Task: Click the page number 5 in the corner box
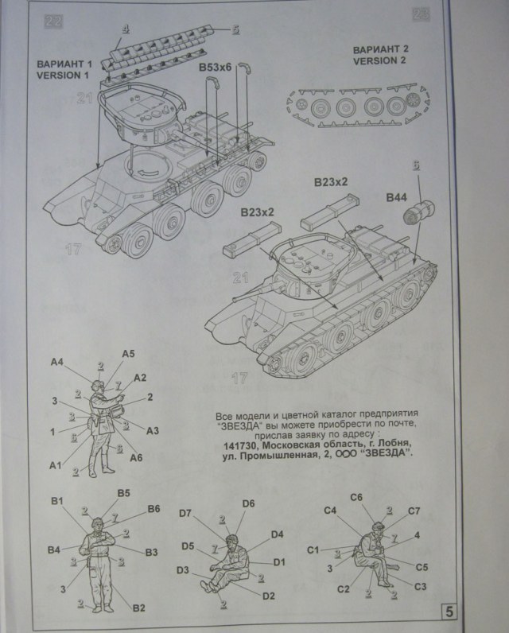tap(449, 612)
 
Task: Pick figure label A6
tap(136, 456)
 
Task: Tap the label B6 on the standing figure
tap(153, 508)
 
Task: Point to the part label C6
tap(356, 497)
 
